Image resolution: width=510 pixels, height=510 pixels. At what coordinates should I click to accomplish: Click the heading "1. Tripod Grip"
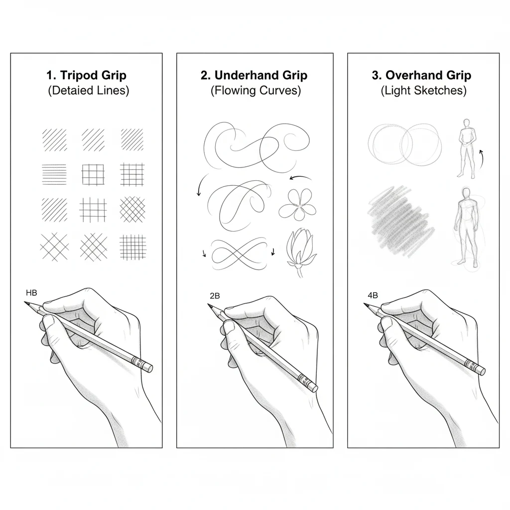click(86, 76)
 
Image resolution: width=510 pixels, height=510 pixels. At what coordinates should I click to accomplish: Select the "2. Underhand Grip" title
click(254, 76)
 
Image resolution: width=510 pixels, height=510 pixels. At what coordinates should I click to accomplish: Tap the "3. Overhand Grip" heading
click(421, 76)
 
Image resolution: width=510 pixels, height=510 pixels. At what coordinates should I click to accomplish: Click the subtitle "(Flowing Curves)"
click(255, 91)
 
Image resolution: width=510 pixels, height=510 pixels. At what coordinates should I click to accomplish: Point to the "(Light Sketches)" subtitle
click(423, 91)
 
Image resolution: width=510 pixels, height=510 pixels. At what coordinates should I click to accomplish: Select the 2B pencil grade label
click(215, 295)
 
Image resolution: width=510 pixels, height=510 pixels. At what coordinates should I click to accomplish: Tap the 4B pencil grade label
click(373, 295)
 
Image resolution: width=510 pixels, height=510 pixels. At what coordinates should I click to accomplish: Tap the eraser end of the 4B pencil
click(480, 370)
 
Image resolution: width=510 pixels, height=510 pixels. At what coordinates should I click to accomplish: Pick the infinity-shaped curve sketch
click(239, 252)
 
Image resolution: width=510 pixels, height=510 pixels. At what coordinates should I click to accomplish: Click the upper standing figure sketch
click(466, 148)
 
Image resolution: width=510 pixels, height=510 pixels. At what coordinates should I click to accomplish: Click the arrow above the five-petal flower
click(300, 178)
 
